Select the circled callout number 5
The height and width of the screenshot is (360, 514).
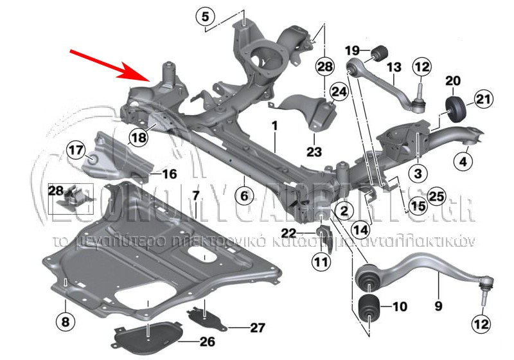point(206,17)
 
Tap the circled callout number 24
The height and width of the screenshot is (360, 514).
point(338,93)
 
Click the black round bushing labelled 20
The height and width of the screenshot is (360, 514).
point(455,109)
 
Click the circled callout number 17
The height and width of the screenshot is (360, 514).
point(76,151)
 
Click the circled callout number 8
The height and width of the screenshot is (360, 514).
point(65,319)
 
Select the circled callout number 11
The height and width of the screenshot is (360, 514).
point(321,261)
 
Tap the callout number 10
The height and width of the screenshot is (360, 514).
point(398,307)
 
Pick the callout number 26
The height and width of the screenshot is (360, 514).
point(206,341)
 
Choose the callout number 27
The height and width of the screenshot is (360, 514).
point(257,327)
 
